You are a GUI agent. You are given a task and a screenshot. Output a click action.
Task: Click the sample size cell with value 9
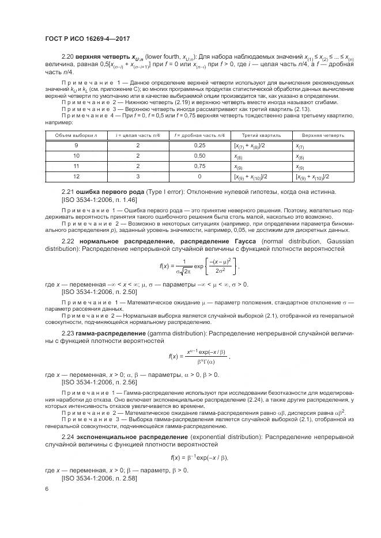coord(76,146)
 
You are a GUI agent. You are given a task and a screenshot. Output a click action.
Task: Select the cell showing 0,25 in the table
coord(200,146)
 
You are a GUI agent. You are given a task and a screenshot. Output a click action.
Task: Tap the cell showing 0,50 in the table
coord(200,156)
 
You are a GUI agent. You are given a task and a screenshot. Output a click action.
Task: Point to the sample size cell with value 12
coord(76,177)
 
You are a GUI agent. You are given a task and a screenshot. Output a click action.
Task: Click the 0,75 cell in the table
coord(200,166)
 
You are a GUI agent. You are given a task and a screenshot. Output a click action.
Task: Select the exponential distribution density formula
coord(199,457)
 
